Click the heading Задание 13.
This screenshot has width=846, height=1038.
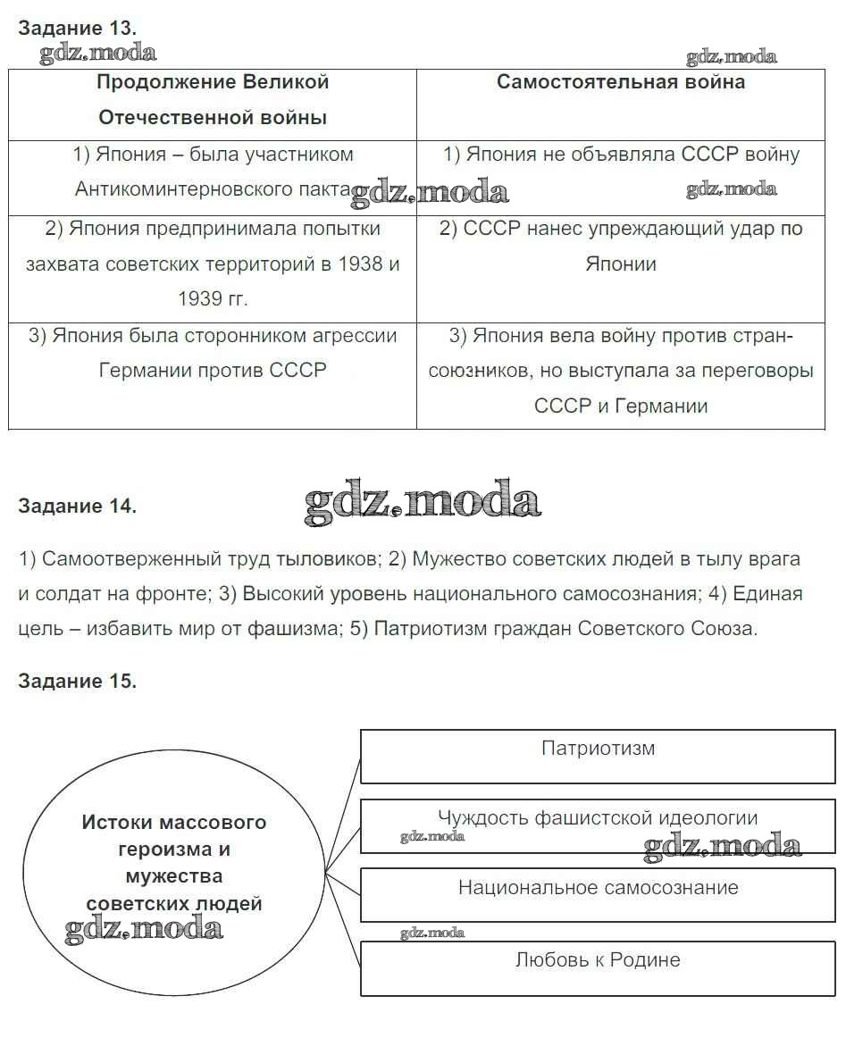click(x=77, y=27)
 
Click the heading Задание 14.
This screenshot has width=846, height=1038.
click(x=77, y=506)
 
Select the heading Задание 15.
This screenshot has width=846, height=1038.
click(x=77, y=681)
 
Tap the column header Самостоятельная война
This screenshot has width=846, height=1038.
click(x=621, y=82)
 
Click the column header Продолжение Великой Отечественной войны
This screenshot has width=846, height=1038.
click(x=213, y=99)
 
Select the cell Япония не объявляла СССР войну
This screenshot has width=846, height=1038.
click(x=621, y=155)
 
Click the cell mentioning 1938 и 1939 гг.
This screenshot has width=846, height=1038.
click(x=213, y=264)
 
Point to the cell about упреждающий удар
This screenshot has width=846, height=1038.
click(x=621, y=246)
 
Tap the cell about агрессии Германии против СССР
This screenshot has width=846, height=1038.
click(x=213, y=353)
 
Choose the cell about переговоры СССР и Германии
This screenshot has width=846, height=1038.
click(x=621, y=371)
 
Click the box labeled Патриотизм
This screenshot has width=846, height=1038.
click(x=598, y=749)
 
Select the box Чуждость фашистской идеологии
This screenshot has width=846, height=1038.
click(x=598, y=818)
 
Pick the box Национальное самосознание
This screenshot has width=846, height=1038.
click(x=598, y=888)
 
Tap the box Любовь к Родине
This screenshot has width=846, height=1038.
click(x=598, y=960)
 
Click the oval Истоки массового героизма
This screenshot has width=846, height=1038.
click(x=174, y=862)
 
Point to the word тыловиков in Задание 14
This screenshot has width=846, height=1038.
click(x=335, y=560)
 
